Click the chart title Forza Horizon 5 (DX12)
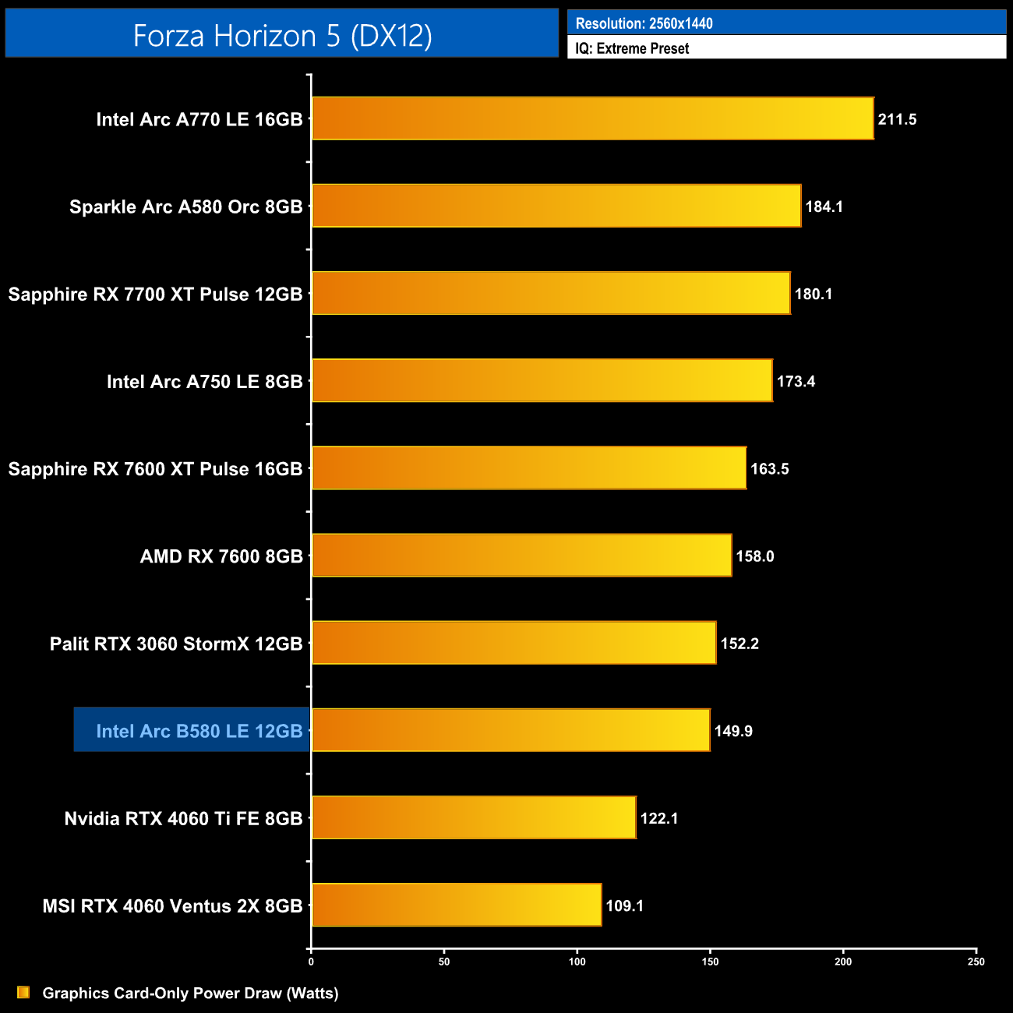(282, 35)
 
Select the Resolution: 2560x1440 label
(644, 23)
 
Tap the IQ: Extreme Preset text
(632, 48)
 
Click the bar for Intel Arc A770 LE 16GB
(592, 118)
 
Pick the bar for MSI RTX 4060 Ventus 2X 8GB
(457, 905)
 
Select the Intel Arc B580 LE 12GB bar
(510, 730)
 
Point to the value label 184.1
(824, 206)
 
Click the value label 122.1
(659, 818)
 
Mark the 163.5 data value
(770, 468)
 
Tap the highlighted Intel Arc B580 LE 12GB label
(199, 731)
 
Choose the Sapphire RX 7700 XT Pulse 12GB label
(155, 294)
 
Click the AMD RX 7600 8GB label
(221, 556)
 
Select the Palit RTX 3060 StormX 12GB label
(176, 644)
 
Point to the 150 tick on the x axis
(710, 962)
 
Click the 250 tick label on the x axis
(976, 962)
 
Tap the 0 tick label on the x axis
(311, 962)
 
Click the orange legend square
(23, 992)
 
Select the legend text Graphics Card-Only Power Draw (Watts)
(190, 993)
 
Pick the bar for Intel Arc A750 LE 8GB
(542, 380)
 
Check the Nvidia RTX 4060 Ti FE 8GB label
(183, 818)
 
